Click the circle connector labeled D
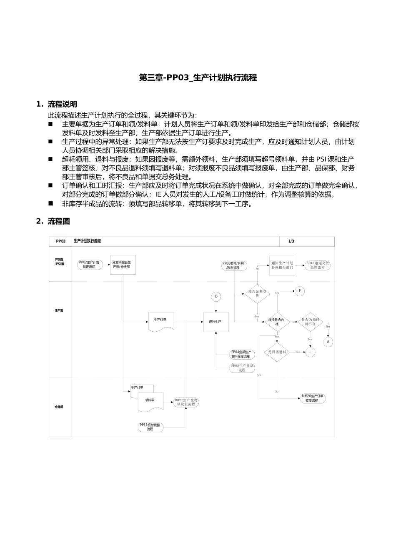(x=216, y=297)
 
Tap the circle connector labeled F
(x=300, y=291)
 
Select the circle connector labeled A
(x=328, y=342)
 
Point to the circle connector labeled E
(x=310, y=352)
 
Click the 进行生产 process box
(x=216, y=322)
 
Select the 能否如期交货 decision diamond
(x=257, y=293)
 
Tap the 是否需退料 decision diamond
(x=277, y=352)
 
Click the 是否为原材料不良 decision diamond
(x=310, y=322)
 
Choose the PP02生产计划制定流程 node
(x=89, y=264)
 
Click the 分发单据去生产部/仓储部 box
(x=123, y=264)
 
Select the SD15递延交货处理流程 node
(x=318, y=265)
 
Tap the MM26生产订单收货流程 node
(x=313, y=398)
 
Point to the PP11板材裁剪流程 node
(x=150, y=427)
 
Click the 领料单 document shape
(x=150, y=401)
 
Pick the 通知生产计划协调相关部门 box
(x=282, y=265)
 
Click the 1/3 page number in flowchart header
(x=291, y=241)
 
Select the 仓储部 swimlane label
(x=59, y=407)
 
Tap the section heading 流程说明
(x=62, y=104)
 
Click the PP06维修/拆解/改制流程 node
(x=233, y=265)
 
